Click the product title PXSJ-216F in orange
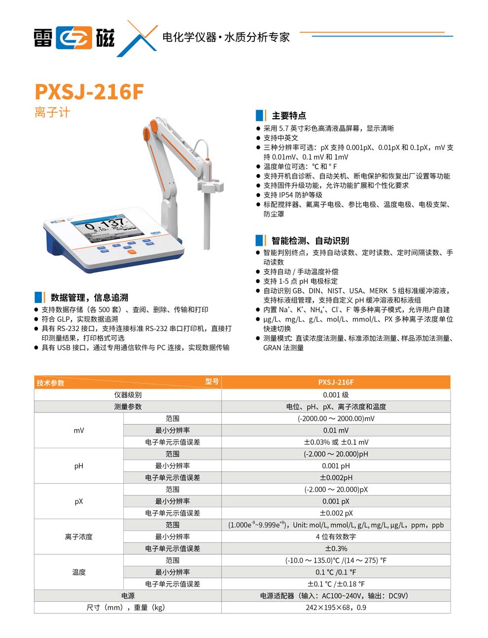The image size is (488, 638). (x=89, y=92)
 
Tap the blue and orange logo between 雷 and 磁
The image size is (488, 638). (x=74, y=38)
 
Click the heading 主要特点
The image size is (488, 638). (x=288, y=116)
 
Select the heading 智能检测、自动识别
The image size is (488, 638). (x=310, y=240)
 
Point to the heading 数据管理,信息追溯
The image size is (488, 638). (x=89, y=298)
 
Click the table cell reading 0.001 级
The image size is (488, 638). (x=336, y=395)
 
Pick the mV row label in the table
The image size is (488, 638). (x=79, y=430)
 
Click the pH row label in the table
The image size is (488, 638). (x=79, y=466)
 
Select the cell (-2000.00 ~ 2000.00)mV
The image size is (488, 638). (x=336, y=418)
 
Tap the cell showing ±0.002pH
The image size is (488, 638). (x=336, y=477)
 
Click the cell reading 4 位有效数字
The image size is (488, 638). (x=336, y=537)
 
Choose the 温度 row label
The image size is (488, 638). (x=79, y=572)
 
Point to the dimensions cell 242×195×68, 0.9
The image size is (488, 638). (x=336, y=607)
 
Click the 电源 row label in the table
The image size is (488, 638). (x=128, y=596)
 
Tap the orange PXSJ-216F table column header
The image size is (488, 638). (x=336, y=382)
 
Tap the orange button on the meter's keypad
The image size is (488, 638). (x=132, y=252)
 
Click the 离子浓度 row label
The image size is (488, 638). (x=79, y=537)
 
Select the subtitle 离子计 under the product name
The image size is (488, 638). (x=52, y=112)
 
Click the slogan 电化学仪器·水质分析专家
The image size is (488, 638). (x=226, y=37)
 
